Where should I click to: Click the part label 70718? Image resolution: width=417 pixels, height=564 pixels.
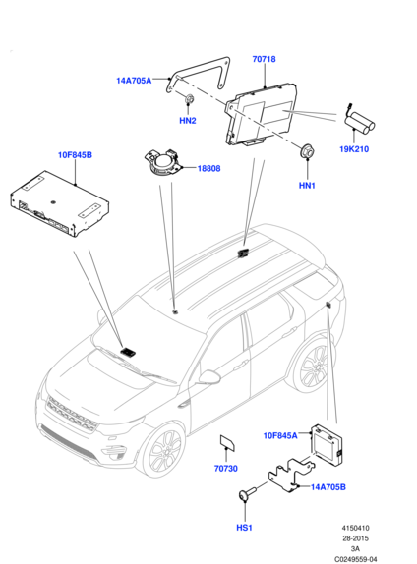[x=264, y=59]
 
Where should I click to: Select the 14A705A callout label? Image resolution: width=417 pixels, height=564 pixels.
[x=134, y=81]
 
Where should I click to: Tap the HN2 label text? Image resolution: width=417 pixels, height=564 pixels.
[x=188, y=121]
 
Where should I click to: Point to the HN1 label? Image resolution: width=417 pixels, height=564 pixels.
[x=307, y=186]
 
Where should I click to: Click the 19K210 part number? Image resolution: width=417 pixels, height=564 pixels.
[x=354, y=149]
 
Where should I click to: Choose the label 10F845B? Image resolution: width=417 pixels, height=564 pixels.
[x=75, y=155]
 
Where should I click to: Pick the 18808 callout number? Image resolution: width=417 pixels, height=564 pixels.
[x=208, y=168]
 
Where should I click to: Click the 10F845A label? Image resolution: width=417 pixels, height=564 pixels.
[x=280, y=435]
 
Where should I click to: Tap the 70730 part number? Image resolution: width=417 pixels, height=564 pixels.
[x=226, y=469]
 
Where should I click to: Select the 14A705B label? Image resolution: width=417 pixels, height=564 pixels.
[x=328, y=487]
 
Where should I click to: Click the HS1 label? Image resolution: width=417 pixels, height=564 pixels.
[x=244, y=528]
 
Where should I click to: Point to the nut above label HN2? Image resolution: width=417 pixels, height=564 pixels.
[x=189, y=98]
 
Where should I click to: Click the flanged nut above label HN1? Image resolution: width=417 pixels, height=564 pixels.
[x=307, y=150]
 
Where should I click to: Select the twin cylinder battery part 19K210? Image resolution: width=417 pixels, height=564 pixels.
[x=359, y=122]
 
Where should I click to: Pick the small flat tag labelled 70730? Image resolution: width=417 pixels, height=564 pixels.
[x=227, y=442]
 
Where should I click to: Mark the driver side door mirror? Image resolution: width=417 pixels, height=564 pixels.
[x=209, y=376]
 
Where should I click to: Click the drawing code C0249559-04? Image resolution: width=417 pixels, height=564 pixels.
[x=355, y=559]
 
